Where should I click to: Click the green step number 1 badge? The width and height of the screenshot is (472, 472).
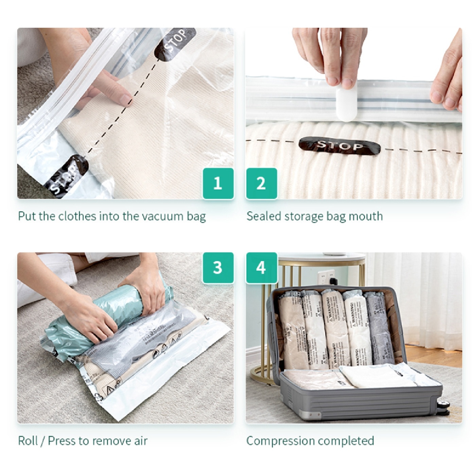point(218,183)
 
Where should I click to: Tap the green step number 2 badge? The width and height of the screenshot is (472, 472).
point(261,183)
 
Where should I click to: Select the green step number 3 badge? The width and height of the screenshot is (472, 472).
point(218,267)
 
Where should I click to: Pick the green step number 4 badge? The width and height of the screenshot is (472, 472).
point(261,267)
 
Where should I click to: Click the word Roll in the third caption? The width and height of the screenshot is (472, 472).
point(28,441)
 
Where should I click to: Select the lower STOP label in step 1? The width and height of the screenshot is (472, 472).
point(66,177)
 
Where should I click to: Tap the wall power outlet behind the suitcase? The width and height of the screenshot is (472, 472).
point(327,277)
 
